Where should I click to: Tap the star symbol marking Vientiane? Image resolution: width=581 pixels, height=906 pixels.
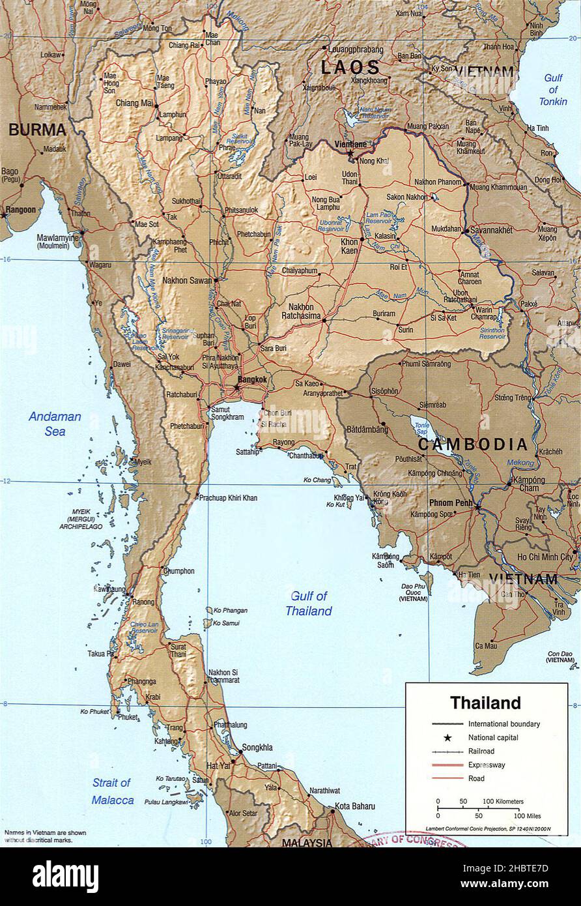pyautogui.click(x=350, y=154)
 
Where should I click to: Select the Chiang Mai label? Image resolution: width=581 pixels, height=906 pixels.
pyautogui.click(x=134, y=103)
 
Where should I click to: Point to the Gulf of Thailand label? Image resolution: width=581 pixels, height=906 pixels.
pyautogui.click(x=309, y=604)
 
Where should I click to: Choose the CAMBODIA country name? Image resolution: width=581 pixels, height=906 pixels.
pyautogui.click(x=472, y=445)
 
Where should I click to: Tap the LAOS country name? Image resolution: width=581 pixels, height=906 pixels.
pyautogui.click(x=349, y=67)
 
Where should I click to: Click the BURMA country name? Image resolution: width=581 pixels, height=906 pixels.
pyautogui.click(x=38, y=130)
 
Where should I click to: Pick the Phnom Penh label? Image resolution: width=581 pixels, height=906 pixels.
pyautogui.click(x=450, y=503)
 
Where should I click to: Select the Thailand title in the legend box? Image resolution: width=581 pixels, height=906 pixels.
pyautogui.click(x=486, y=703)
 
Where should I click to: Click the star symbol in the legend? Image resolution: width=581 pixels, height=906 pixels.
pyautogui.click(x=447, y=738)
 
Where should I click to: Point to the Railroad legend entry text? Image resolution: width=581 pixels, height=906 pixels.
pyautogui.click(x=481, y=752)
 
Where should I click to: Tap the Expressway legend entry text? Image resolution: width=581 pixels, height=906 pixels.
pyautogui.click(x=487, y=765)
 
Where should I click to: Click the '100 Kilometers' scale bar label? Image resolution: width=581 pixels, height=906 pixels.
pyautogui.click(x=503, y=801)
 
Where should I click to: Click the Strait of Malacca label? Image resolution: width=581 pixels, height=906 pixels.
pyautogui.click(x=112, y=791)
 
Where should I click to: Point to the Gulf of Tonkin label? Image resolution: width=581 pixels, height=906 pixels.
pyautogui.click(x=553, y=90)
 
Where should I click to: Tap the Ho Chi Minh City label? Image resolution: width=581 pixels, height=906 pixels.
pyautogui.click(x=545, y=557)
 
